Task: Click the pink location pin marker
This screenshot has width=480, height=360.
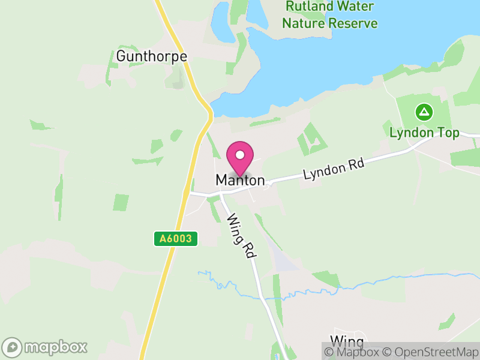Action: [240, 158]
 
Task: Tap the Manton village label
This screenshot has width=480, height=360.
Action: [239, 180]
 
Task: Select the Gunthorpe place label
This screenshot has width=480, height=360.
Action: [152, 56]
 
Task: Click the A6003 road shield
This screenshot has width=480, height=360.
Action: [176, 239]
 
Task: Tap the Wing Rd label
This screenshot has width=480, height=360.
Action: [241, 236]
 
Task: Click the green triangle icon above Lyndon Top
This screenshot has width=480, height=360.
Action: [424, 112]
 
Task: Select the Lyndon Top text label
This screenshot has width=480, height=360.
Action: [424, 133]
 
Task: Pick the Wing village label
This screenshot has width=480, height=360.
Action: [347, 342]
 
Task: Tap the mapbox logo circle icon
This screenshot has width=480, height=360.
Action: [13, 347]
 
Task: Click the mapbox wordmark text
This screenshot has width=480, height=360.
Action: [55, 347]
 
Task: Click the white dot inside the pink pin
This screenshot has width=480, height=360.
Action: [240, 155]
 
